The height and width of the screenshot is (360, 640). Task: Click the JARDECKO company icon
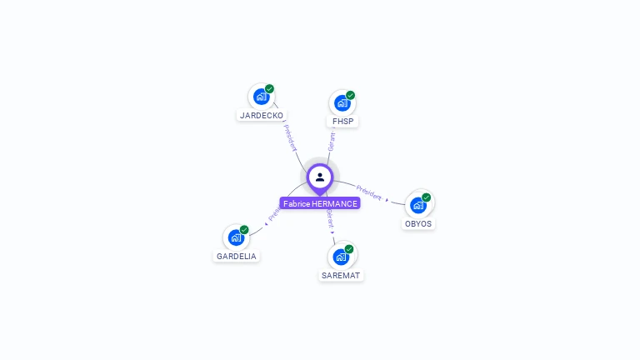click(261, 97)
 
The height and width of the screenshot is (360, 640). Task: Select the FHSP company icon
click(342, 103)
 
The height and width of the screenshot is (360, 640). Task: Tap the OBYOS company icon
click(417, 205)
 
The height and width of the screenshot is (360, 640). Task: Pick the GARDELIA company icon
click(236, 237)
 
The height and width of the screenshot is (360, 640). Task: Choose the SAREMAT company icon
click(341, 257)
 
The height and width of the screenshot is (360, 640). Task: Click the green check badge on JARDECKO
click(270, 88)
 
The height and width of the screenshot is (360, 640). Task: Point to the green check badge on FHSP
click(351, 95)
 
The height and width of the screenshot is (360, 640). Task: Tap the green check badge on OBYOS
click(427, 197)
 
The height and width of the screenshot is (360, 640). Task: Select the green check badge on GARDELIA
click(244, 229)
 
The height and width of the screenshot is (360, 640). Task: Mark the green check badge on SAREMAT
click(349, 248)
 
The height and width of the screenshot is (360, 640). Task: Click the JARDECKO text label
click(262, 116)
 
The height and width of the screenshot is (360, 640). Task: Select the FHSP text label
click(343, 122)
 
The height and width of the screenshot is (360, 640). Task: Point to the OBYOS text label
click(418, 224)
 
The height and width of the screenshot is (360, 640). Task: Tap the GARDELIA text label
click(237, 257)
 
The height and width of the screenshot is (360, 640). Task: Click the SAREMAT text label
click(342, 275)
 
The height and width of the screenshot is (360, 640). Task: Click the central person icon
click(320, 177)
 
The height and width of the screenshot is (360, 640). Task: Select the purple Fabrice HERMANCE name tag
click(320, 203)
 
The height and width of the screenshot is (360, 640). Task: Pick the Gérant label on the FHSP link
click(332, 141)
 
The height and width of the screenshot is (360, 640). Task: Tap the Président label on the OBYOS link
click(369, 192)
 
